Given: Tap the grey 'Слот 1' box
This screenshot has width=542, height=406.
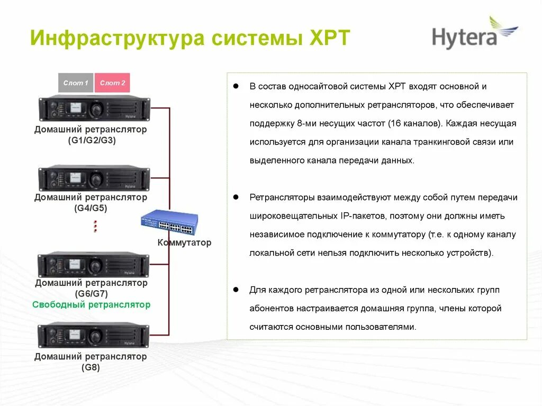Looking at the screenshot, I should pos(76,83).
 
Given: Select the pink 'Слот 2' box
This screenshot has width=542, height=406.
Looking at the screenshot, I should pos(112,83).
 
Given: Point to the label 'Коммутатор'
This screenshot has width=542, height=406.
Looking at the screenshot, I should pos(184,243).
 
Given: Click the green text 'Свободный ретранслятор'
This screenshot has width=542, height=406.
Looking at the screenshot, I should pos(92,305).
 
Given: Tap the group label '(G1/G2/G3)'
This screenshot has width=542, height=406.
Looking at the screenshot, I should pos(92,140).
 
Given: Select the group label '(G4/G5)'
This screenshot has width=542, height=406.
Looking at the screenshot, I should pos(91,208).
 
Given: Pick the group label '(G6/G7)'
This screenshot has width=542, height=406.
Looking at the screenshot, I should pos(91,293).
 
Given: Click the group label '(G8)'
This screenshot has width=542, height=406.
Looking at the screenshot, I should pos(91,367).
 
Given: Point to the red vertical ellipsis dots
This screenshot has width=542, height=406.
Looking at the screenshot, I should pos(95,226).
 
